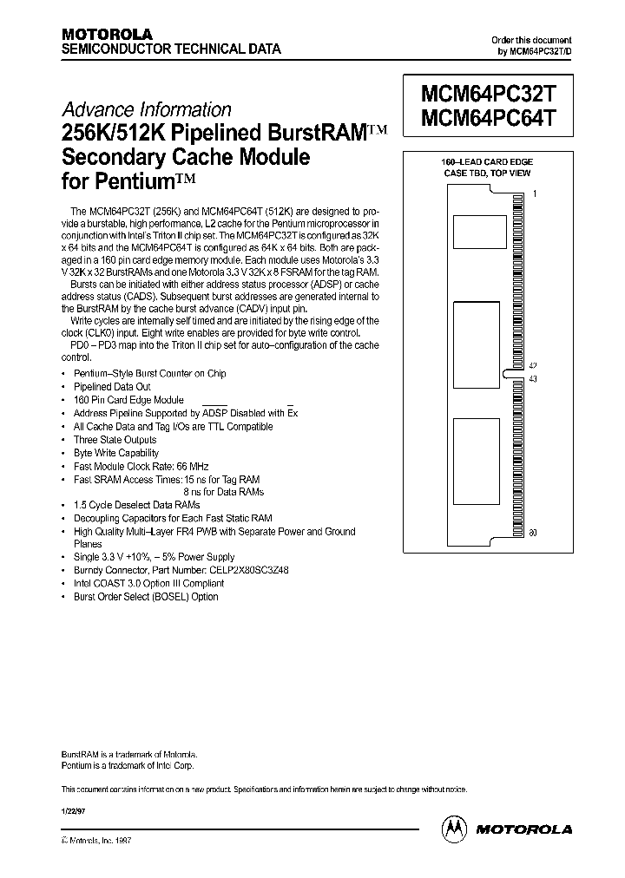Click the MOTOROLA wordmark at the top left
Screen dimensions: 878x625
click(109, 33)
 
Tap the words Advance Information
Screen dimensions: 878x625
click(146, 110)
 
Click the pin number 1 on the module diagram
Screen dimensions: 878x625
click(535, 194)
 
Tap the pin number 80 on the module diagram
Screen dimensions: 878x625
click(534, 533)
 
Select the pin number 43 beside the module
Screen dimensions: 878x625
click(534, 379)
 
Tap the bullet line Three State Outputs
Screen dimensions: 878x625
click(115, 440)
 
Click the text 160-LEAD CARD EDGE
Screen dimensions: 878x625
click(489, 162)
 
